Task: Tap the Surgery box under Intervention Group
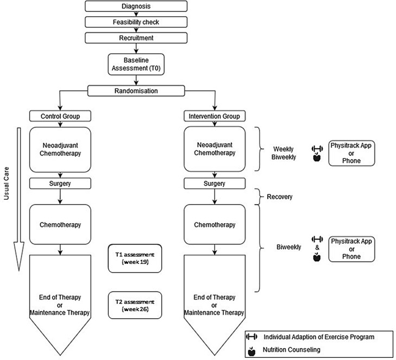(x=215, y=183)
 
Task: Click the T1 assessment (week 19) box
(x=135, y=257)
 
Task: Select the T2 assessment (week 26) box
(x=135, y=305)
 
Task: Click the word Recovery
(x=279, y=197)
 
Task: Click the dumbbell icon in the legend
(x=251, y=337)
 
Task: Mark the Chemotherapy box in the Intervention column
(x=215, y=224)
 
